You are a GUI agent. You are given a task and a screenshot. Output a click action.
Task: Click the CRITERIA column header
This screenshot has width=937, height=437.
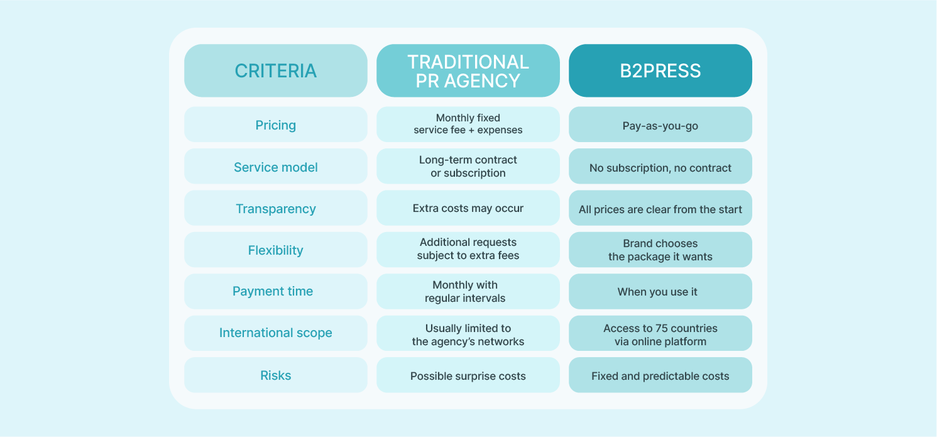tap(275, 70)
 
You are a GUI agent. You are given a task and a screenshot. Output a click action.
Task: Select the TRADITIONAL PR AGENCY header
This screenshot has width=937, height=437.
tap(468, 70)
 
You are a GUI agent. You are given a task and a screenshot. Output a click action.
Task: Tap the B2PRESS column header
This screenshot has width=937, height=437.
tap(660, 70)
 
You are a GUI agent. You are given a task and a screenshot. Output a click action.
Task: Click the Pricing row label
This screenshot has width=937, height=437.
tap(275, 124)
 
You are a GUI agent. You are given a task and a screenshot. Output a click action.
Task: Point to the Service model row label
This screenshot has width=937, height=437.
tap(275, 167)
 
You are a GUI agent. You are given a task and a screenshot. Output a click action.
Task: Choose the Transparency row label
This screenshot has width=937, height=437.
tap(275, 208)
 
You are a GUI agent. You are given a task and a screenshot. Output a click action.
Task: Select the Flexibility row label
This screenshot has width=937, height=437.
tap(275, 250)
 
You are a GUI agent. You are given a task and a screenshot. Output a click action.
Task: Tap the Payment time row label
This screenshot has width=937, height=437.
tap(273, 291)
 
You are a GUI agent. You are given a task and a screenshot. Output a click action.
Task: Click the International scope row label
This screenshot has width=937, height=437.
tap(275, 333)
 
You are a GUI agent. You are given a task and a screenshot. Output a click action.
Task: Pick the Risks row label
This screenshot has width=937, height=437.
tap(275, 375)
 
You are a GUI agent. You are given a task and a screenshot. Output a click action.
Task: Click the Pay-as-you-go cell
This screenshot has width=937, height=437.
tap(660, 125)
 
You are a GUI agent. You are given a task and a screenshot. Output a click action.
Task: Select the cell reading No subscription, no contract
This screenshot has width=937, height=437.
tap(660, 167)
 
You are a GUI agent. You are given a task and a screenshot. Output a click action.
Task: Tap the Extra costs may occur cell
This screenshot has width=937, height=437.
tap(468, 208)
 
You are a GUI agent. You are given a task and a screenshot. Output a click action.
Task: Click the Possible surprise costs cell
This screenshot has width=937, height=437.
tap(468, 375)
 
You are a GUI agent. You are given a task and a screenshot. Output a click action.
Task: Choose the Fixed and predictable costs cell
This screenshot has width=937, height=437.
tap(660, 375)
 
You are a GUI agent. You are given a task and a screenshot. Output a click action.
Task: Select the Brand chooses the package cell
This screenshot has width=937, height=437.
tap(660, 250)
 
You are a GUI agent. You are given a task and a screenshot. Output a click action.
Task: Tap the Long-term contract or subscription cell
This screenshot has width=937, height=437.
tap(468, 167)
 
